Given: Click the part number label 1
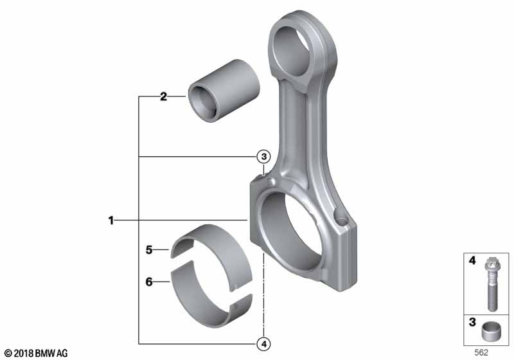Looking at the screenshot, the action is [111, 221].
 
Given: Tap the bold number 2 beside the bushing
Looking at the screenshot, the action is [163, 96].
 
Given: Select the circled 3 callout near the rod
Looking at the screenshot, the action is [264, 157].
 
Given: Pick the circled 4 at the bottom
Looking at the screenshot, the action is [264, 345].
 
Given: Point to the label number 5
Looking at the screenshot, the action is [149, 250].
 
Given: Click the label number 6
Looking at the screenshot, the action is [149, 282].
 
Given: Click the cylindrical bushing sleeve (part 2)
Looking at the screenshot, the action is [224, 91].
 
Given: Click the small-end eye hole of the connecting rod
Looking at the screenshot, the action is [294, 51].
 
